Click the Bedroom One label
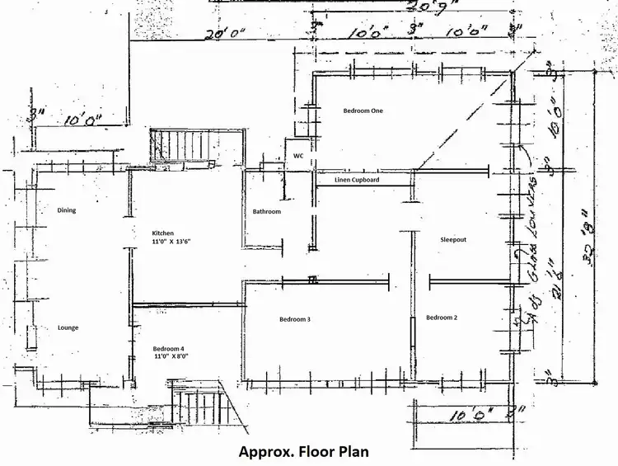tap(363, 110)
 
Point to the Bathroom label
tap(266, 212)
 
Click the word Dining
tap(67, 210)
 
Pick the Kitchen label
tap(163, 233)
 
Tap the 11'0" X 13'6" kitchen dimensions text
tap(171, 243)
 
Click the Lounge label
tap(68, 327)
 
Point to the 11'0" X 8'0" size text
tap(171, 359)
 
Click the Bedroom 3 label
tap(294, 319)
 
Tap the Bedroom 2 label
tap(441, 318)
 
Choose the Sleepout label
tap(453, 239)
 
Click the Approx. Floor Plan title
tap(302, 452)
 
